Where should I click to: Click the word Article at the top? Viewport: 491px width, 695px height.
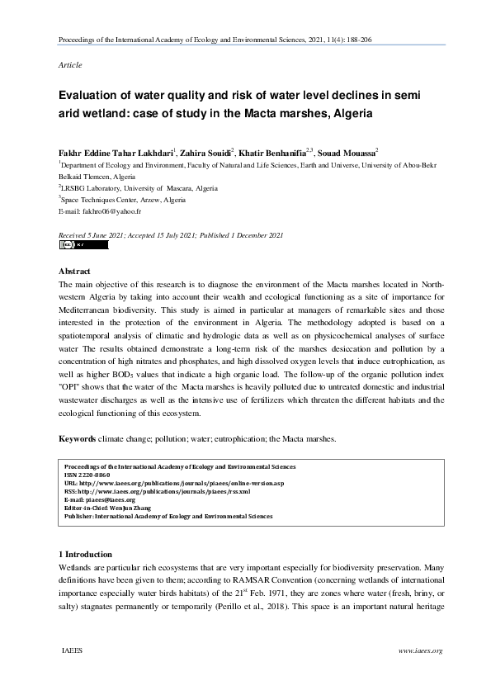tap(69, 64)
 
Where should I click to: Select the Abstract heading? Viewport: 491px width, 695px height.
tap(79, 271)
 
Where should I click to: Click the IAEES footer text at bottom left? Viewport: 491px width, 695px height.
tap(72, 651)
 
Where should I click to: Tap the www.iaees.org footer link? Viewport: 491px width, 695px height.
tap(421, 651)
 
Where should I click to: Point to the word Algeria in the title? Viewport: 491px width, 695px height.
tap(351, 113)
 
